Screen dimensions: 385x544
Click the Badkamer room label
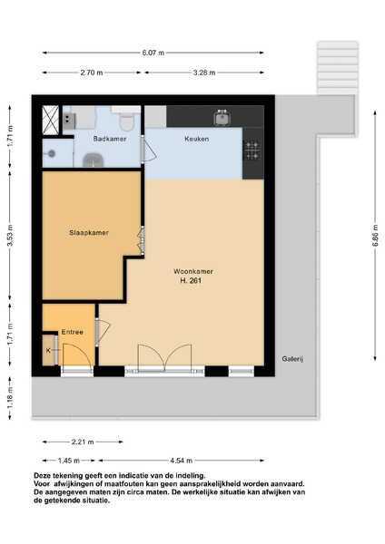point(110,139)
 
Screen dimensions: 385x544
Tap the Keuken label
point(197,139)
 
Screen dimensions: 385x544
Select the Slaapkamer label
point(89,233)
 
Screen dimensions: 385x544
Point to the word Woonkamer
point(193,271)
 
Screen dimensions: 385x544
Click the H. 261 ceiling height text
point(191,281)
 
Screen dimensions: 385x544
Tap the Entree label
point(73,332)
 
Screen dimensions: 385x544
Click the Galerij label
point(292,359)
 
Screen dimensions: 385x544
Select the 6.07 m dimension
point(153,53)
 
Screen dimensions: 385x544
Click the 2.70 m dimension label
point(92,73)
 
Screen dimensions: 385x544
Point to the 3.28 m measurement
point(204,73)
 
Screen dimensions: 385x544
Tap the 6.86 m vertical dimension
point(375,236)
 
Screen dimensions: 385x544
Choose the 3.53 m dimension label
point(10,236)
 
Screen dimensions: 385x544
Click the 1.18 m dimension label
point(10,398)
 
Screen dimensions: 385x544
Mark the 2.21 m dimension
point(83,442)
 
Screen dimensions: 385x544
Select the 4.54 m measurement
point(181,461)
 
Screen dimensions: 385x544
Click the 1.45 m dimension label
point(69,461)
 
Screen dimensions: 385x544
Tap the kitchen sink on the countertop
point(222,118)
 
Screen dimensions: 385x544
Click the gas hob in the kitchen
point(252,151)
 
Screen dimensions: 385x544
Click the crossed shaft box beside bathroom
point(50,120)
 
